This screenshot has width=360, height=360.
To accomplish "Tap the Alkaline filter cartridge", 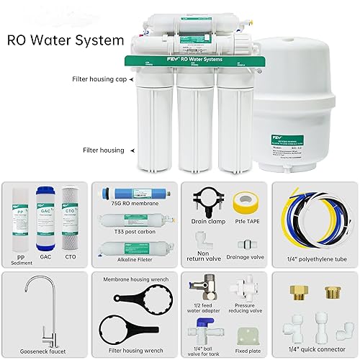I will [x=133, y=249].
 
